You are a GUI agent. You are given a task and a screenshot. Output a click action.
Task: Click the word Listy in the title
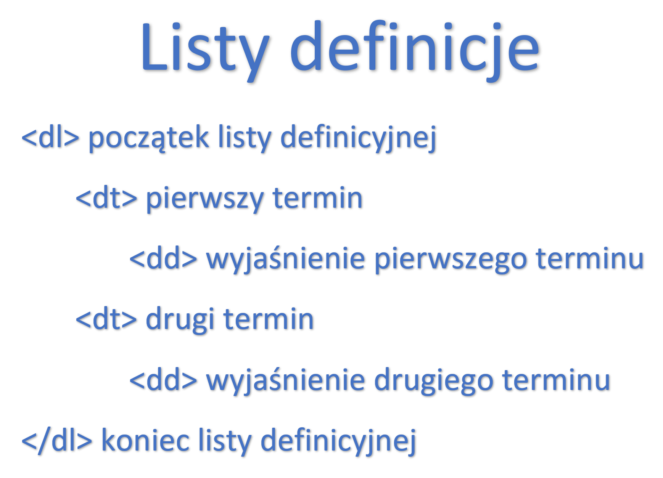click(205, 50)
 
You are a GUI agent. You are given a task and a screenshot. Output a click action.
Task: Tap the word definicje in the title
click(415, 50)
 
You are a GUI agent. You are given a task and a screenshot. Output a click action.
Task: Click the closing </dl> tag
click(57, 441)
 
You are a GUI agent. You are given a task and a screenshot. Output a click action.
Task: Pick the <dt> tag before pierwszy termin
click(106, 198)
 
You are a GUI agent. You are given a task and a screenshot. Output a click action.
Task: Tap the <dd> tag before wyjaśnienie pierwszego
click(163, 258)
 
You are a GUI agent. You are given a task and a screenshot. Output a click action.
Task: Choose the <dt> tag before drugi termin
click(106, 319)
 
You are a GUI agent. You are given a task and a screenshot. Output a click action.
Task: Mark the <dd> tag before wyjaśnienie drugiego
click(163, 380)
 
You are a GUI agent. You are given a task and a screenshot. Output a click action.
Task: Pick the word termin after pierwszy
click(317, 198)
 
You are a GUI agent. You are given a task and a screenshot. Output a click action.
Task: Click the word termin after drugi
click(269, 319)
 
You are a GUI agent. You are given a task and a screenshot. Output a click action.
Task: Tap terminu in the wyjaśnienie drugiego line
click(557, 380)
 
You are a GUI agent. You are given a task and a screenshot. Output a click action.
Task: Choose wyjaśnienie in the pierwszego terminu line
click(286, 259)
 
